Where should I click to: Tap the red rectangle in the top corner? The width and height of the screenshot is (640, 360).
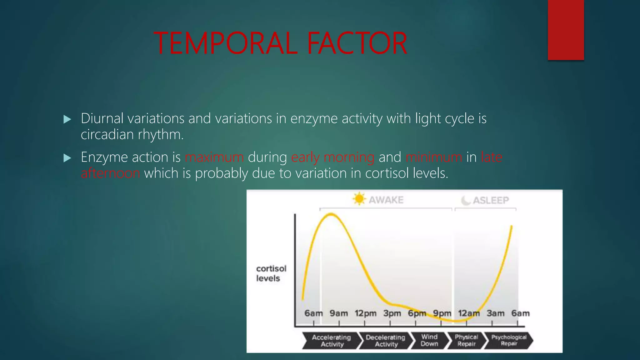point(566,30)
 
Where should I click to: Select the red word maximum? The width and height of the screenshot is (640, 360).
point(214,157)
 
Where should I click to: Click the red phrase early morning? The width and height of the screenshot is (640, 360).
point(333,157)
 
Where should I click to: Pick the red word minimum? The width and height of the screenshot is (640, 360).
point(434,157)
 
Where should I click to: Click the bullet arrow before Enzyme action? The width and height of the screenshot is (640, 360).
point(67,158)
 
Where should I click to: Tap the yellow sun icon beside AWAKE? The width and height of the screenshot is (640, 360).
point(359,199)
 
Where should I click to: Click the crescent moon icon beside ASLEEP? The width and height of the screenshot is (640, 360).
point(466,200)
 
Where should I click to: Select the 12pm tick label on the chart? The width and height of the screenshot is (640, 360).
point(365,313)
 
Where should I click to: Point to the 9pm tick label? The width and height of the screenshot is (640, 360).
point(442,313)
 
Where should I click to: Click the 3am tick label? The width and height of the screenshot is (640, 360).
point(495,313)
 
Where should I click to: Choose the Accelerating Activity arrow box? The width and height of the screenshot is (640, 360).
point(331,341)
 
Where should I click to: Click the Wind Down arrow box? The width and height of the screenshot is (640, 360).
point(429,340)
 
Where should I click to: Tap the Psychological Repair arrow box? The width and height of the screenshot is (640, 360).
point(508,340)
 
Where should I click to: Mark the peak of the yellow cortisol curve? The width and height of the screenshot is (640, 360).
point(331,214)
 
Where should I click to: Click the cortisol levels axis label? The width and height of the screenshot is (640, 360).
point(271,273)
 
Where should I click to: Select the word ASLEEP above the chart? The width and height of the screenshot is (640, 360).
point(491,200)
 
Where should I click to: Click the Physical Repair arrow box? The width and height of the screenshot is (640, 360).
point(466,340)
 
